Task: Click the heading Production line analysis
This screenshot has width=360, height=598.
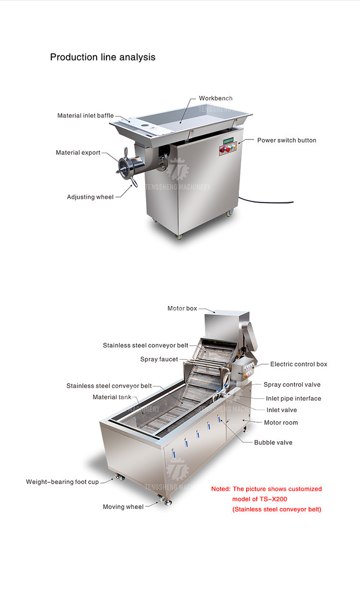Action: [103, 57]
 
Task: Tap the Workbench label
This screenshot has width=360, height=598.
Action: [216, 98]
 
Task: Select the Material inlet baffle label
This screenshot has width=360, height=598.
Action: [85, 116]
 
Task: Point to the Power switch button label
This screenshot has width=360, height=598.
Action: [287, 140]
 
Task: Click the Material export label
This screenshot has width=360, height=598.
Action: [78, 152]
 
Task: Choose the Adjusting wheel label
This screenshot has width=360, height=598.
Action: [90, 197]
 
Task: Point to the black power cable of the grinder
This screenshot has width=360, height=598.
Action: [266, 201]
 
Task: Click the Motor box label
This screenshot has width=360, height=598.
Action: [182, 308]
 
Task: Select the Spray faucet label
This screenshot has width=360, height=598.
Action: [159, 359]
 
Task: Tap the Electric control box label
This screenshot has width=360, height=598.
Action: [299, 364]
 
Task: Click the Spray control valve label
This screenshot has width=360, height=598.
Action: [292, 384]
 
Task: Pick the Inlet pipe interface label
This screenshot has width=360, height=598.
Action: [294, 398]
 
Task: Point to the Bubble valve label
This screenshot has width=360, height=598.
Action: [273, 442]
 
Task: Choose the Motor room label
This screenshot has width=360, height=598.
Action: [281, 423]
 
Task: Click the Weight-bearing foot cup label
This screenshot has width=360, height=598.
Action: [62, 482]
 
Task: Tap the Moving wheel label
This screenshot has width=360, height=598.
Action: [123, 507]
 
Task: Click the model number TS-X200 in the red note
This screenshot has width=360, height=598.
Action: [273, 499]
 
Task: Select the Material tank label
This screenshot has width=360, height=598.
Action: [112, 397]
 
